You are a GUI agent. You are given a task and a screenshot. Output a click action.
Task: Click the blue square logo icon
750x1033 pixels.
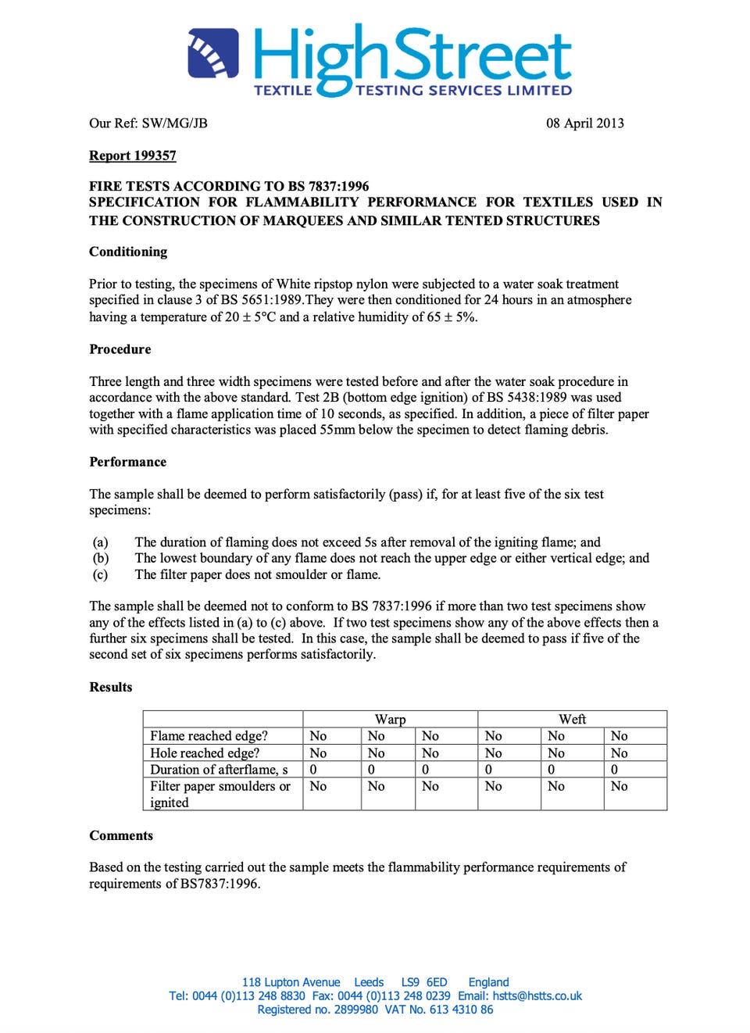(x=213, y=54)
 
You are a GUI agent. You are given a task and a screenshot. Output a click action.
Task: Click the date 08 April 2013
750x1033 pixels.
(x=584, y=123)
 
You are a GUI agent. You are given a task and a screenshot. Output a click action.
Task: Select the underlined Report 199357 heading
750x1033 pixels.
(x=133, y=155)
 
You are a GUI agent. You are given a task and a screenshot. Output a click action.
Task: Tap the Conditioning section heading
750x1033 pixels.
(x=128, y=252)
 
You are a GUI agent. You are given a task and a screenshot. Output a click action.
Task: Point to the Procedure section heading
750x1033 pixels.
(x=120, y=349)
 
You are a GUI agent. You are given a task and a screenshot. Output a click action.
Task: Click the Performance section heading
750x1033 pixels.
(x=128, y=462)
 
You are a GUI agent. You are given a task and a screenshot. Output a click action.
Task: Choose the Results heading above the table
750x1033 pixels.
(x=111, y=687)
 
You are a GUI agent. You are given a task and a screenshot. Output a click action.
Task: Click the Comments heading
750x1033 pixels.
(x=121, y=835)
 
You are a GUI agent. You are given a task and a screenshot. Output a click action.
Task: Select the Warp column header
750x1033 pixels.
(x=390, y=719)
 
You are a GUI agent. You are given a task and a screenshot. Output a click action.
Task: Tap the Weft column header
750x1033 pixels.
(x=572, y=719)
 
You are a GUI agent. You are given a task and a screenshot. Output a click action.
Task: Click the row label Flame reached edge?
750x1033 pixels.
(x=209, y=736)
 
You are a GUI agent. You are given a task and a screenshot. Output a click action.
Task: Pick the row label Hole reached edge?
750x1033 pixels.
(x=205, y=753)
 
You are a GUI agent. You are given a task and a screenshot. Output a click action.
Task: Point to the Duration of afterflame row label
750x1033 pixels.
(x=219, y=770)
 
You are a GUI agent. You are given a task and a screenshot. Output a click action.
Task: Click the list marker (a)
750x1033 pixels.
(x=100, y=542)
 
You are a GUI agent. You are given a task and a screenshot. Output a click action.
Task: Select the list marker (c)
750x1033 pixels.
(x=100, y=574)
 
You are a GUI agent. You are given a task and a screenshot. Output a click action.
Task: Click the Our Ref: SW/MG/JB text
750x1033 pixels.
(x=148, y=123)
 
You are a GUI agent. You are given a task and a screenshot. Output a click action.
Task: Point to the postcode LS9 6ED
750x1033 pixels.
(x=424, y=982)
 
